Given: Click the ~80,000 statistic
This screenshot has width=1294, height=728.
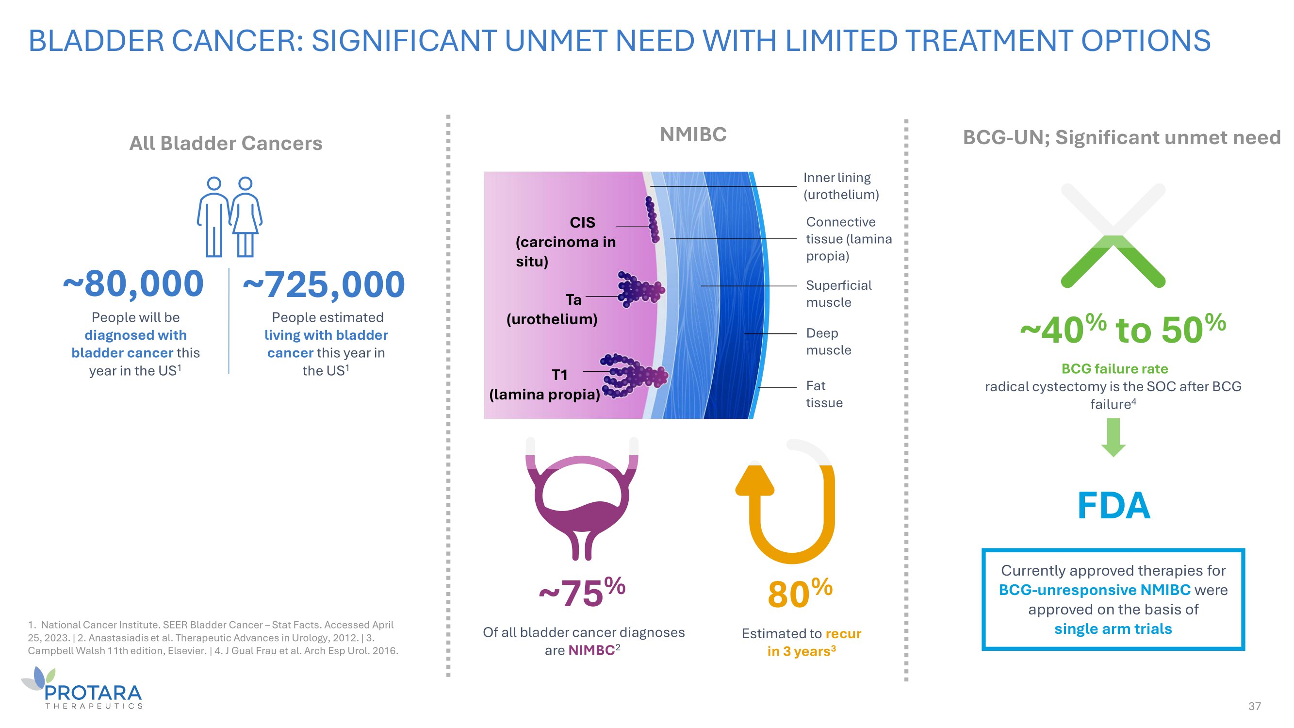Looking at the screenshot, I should click(133, 284).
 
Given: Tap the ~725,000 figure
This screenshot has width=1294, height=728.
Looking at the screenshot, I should click(324, 285).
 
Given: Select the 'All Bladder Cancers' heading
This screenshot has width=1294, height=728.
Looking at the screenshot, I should click(226, 143).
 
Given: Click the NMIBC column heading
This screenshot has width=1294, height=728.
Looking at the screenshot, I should click(693, 134).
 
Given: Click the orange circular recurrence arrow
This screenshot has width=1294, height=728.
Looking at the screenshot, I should click(788, 508).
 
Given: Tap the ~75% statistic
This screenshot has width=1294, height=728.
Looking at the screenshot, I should click(582, 593).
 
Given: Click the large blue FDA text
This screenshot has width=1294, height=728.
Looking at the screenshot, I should click(1113, 505).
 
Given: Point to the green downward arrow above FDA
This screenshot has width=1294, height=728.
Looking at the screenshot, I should click(1113, 436).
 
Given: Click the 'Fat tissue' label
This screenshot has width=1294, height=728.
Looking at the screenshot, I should click(824, 395).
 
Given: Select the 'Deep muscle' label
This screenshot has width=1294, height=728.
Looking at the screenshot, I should click(828, 342).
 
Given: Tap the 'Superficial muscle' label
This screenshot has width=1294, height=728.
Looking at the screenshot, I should click(838, 294).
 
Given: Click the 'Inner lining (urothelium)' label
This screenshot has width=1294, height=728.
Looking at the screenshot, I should click(841, 186).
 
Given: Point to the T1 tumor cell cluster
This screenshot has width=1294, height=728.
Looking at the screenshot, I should click(636, 376).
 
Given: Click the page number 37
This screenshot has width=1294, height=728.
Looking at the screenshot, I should click(1254, 706).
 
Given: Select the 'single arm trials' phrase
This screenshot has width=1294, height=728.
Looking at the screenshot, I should click(1113, 629).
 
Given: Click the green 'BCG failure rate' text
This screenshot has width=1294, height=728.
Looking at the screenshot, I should click(1114, 369).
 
